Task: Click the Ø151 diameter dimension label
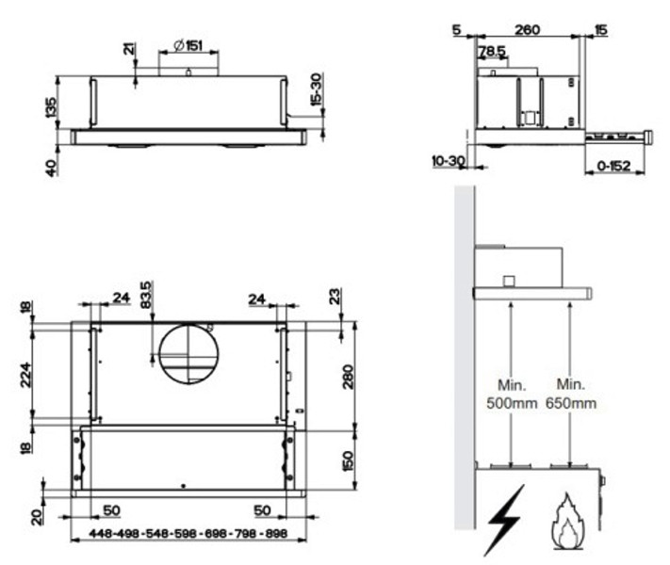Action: pyautogui.click(x=188, y=45)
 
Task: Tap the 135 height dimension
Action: pyautogui.click(x=51, y=107)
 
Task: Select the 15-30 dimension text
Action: pyautogui.click(x=316, y=89)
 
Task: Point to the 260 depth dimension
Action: pyautogui.click(x=527, y=30)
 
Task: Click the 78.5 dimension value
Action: pyautogui.click(x=492, y=51)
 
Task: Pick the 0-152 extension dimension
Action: pyautogui.click(x=613, y=166)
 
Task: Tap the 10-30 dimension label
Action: pyautogui.click(x=449, y=161)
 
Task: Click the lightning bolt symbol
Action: pyautogui.click(x=505, y=520)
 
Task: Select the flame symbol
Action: pyautogui.click(x=567, y=522)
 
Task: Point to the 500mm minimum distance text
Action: pyautogui.click(x=512, y=403)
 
